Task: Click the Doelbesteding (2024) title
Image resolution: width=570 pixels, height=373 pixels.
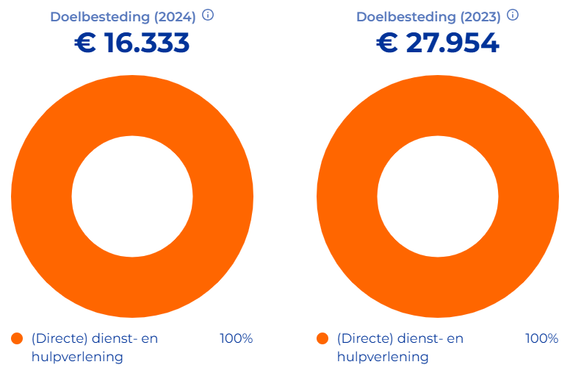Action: click(123, 17)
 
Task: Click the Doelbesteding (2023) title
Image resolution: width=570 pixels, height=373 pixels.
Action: click(428, 17)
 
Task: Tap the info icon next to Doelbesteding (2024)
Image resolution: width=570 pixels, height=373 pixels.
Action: click(208, 15)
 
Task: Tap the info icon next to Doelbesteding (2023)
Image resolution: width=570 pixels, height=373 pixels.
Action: click(513, 15)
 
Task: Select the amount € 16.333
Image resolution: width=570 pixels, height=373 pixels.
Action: click(132, 43)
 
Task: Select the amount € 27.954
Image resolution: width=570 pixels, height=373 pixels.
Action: click(438, 43)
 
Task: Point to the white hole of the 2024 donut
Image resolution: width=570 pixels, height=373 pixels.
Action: click(132, 196)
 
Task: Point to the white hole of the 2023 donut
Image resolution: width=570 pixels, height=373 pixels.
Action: click(438, 196)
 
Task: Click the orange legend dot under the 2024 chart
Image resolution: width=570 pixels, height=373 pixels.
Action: click(18, 339)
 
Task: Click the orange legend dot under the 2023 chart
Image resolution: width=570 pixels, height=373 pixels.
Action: click(322, 339)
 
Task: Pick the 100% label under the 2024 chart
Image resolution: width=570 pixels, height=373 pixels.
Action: click(236, 339)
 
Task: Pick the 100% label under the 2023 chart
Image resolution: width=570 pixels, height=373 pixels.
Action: click(541, 339)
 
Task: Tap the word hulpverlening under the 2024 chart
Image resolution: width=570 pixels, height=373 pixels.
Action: click(77, 357)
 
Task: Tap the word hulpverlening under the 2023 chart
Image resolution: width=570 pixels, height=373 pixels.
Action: click(383, 357)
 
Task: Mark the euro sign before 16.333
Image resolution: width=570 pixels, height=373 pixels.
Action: click(86, 43)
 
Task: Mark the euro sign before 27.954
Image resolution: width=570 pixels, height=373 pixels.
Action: click(387, 43)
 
